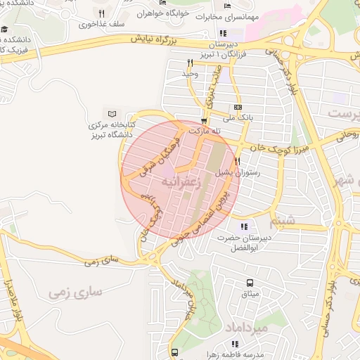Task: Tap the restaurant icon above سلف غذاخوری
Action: point(102,13)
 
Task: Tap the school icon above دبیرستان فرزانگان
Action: point(224,32)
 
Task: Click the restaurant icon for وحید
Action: point(188,63)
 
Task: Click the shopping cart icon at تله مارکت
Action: point(204,120)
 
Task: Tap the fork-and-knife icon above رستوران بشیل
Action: point(237,161)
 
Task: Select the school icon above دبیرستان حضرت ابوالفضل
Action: point(243,226)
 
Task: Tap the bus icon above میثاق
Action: point(250,283)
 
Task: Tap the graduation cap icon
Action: point(6,29)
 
